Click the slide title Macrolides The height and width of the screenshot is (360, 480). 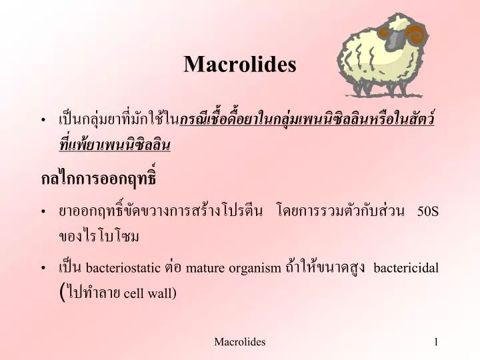(239, 64)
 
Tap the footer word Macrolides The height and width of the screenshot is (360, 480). (239, 342)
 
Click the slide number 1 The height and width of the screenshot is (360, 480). (435, 342)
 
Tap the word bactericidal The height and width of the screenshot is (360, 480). (406, 268)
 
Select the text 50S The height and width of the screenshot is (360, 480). (427, 211)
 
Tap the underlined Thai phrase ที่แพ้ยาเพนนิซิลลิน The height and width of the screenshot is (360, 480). (115, 144)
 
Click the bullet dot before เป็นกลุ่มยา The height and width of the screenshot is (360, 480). (44, 121)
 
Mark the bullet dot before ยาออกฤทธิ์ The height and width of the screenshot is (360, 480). (44, 212)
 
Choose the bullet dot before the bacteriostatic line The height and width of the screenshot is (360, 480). (44, 269)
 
